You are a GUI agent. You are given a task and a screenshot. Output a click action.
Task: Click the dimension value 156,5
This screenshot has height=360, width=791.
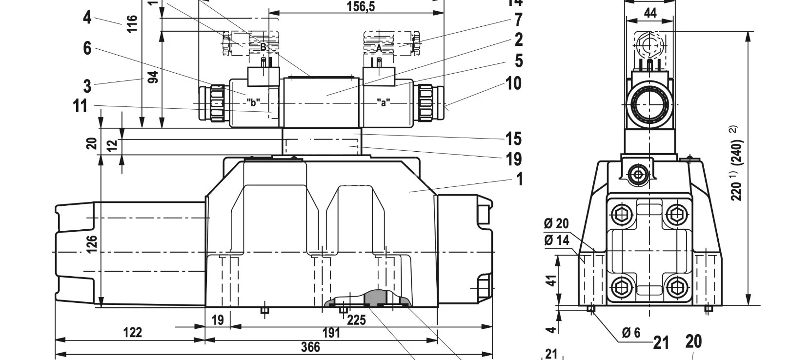tap(364, 6)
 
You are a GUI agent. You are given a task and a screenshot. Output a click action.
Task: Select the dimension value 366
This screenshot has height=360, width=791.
tap(310, 347)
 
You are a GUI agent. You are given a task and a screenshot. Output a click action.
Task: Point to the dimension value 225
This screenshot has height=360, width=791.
tap(356, 320)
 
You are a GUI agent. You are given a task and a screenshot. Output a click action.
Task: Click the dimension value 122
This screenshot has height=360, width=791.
tap(132, 333)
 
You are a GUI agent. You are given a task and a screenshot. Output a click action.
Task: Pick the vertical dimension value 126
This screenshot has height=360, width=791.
tap(92, 244)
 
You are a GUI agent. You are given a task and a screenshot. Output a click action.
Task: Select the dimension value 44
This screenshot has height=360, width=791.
tap(650, 13)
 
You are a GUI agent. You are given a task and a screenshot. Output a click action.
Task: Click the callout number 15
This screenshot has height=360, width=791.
tap(513, 139)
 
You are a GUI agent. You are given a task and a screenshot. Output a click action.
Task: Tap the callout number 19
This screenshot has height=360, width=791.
tap(513, 159)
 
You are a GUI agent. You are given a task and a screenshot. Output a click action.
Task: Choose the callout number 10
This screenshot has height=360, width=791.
tap(513, 83)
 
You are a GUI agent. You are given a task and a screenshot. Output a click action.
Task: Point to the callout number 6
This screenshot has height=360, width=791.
tap(87, 48)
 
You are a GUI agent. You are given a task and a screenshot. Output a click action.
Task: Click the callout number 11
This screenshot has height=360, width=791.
tap(80, 105)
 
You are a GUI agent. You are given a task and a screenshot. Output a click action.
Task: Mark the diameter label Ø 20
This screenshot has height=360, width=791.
tap(556, 223)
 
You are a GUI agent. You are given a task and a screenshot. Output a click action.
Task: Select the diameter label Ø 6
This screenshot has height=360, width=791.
tap(630, 332)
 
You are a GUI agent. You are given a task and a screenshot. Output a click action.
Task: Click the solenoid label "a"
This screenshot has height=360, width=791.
tap(384, 102)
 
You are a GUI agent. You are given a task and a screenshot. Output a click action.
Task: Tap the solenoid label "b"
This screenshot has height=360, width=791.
tap(253, 102)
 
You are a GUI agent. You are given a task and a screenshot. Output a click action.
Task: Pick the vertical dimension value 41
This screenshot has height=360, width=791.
tap(551, 280)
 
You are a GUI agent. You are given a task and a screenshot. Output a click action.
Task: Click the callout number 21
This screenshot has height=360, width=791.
tap(661, 343)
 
